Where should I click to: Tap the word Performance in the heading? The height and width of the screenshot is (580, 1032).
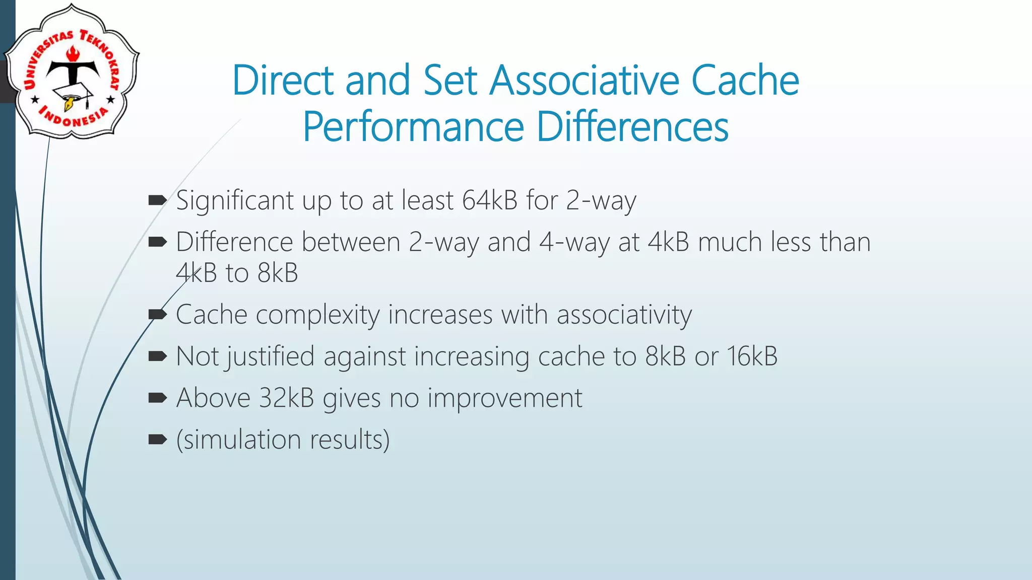(x=413, y=127)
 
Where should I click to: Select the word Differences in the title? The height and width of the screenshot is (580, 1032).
(x=632, y=127)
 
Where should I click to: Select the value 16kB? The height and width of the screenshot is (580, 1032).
(x=752, y=356)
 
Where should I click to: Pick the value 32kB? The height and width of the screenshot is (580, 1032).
(x=286, y=398)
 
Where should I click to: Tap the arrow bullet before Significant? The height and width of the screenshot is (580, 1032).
(x=158, y=201)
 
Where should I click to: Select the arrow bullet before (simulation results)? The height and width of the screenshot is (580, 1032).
(x=158, y=440)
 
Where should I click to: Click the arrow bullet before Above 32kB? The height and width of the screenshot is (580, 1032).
(x=158, y=398)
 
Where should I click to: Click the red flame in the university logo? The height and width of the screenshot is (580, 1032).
(x=73, y=53)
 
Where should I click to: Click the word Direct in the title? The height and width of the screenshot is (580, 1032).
(x=283, y=81)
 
